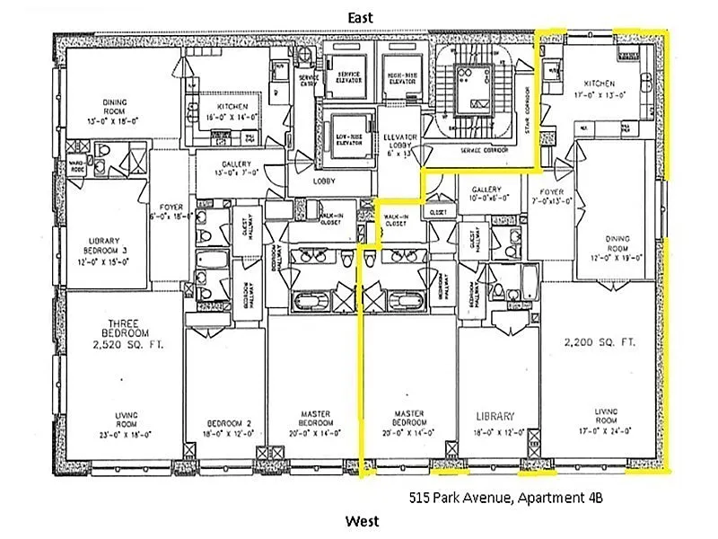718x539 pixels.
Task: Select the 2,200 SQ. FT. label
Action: (599, 341)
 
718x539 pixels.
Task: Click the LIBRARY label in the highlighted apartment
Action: (495, 416)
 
